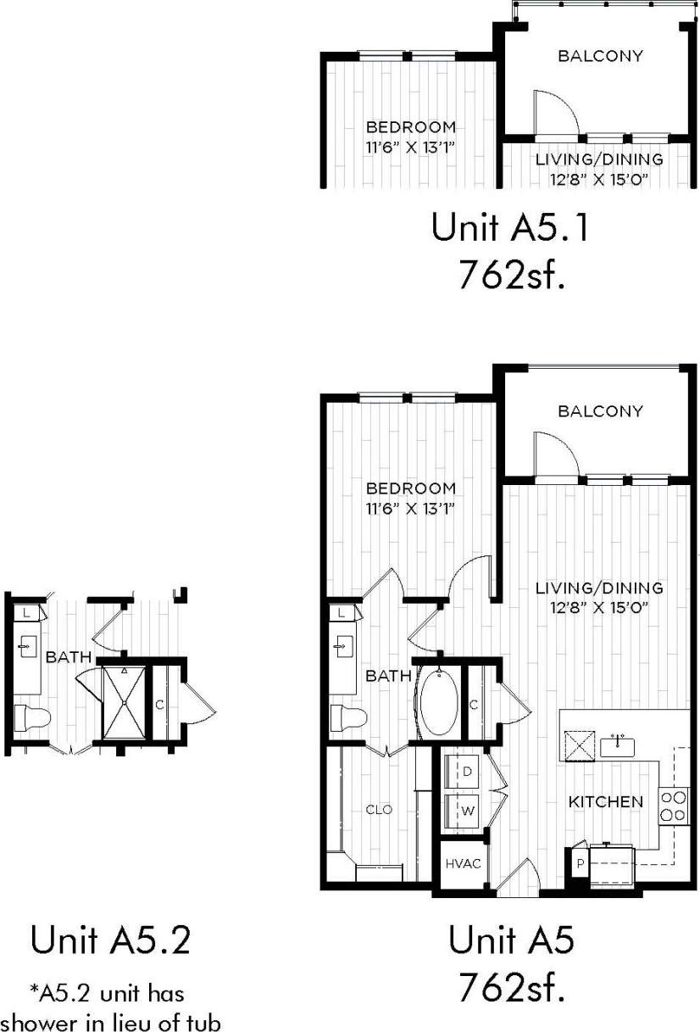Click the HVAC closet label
(463, 864)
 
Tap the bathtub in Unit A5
(439, 702)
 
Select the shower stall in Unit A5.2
(124, 702)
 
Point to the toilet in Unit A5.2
(32, 717)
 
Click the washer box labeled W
(467, 810)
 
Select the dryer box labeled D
(467, 772)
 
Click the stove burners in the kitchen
(674, 806)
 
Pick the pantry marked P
(580, 863)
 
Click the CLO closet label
(378, 810)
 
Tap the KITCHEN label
(605, 801)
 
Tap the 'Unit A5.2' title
(109, 940)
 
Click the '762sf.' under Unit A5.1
(511, 276)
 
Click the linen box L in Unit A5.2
(26, 611)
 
